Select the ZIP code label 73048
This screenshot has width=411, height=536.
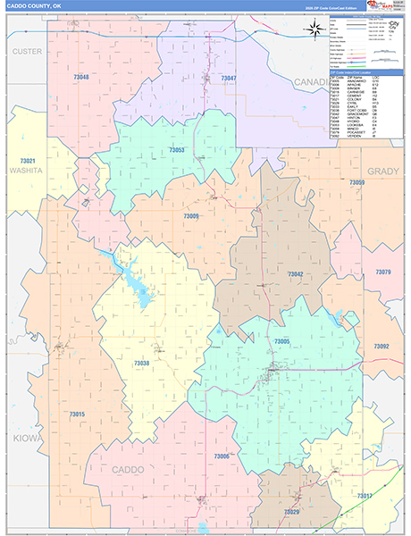pos(81,79)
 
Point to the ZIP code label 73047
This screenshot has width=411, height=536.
pos(229,80)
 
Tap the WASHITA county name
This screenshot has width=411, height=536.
pos(27,170)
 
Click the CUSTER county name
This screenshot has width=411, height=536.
pos(27,52)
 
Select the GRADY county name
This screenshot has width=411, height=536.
pos(384,171)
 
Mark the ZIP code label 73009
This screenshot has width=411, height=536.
pos(191,216)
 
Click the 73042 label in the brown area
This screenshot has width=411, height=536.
pos(295,274)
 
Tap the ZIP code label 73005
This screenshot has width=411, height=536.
pos(282,342)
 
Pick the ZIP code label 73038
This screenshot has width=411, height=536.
pos(141,363)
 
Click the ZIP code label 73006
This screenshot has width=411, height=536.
pos(222,456)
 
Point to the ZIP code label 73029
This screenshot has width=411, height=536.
pos(291,512)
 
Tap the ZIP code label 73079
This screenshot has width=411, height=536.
pos(382,272)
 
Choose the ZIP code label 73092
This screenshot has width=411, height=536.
pos(382,346)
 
